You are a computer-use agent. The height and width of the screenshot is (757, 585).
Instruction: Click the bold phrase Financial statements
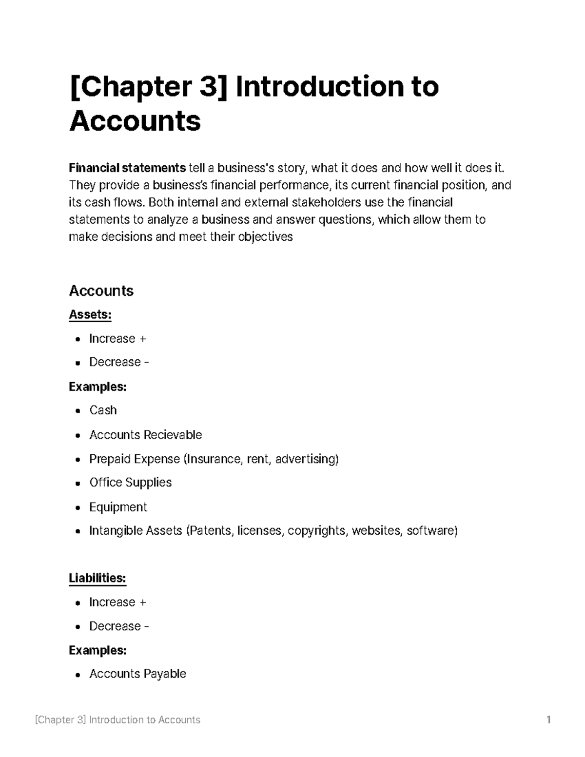pyautogui.click(x=127, y=168)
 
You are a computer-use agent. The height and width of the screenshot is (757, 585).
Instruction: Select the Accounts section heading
pyautogui.click(x=101, y=291)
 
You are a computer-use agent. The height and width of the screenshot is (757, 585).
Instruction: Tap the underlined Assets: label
pyautogui.click(x=90, y=314)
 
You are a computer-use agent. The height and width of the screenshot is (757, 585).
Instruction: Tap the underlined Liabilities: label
pyautogui.click(x=97, y=578)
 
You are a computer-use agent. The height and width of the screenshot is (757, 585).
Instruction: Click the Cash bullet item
pyautogui.click(x=103, y=410)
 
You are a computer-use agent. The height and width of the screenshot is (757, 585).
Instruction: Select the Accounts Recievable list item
pyautogui.click(x=145, y=434)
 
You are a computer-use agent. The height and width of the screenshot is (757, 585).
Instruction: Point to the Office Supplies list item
pyautogui.click(x=130, y=483)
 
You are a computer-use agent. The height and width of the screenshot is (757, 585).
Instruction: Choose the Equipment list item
pyautogui.click(x=118, y=507)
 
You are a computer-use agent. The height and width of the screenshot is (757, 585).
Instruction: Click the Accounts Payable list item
pyautogui.click(x=137, y=674)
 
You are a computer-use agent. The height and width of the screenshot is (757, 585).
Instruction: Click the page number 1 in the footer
pyautogui.click(x=548, y=719)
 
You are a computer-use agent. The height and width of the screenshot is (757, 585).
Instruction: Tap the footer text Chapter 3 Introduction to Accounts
pyautogui.click(x=117, y=719)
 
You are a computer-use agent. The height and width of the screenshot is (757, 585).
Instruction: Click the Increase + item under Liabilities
pyautogui.click(x=117, y=602)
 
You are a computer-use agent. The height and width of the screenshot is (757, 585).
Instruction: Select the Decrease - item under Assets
pyautogui.click(x=118, y=362)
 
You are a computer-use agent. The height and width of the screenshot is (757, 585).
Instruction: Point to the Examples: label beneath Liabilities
pyautogui.click(x=97, y=650)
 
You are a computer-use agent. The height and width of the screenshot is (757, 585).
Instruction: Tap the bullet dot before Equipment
pyautogui.click(x=78, y=508)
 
